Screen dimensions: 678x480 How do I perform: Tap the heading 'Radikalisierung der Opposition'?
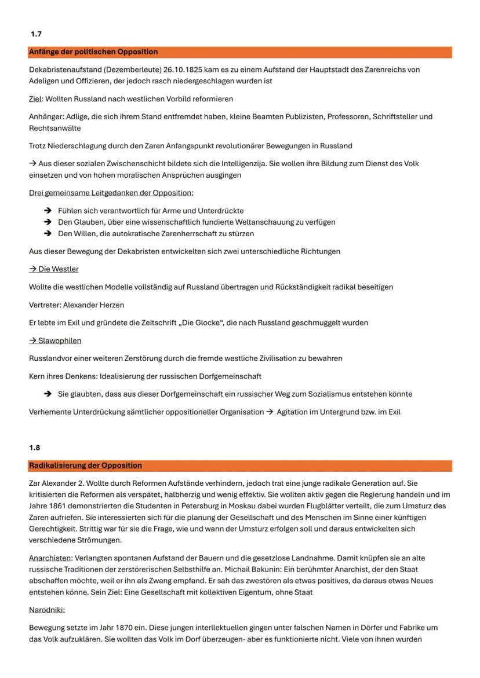click(85, 466)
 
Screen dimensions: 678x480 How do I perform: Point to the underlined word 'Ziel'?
click(36, 99)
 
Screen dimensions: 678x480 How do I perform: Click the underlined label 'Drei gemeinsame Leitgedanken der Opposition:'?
click(111, 192)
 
